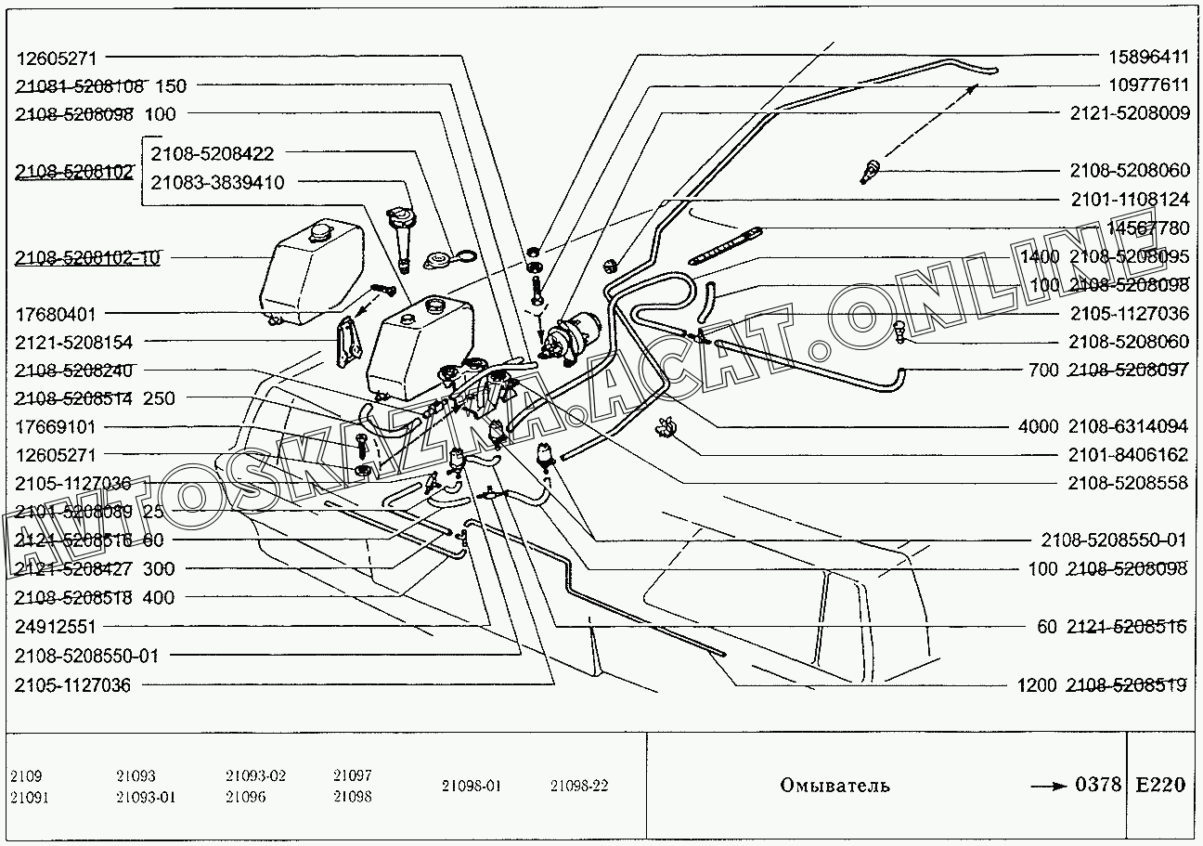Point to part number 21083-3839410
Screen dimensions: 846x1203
tap(217, 182)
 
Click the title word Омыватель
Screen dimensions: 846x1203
tap(834, 786)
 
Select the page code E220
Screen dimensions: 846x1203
tap(1159, 785)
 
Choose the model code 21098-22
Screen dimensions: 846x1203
tap(578, 786)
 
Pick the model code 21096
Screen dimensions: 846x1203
tap(243, 797)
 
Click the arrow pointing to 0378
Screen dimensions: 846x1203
tap(1049, 786)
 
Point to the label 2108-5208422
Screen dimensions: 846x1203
tap(213, 153)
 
